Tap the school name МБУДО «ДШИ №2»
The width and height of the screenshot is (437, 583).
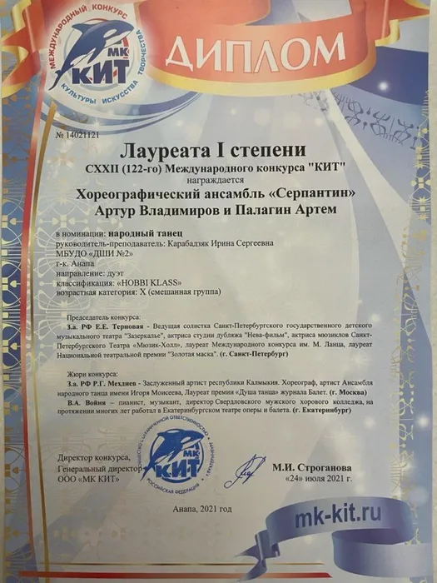pyautogui.click(x=91, y=258)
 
